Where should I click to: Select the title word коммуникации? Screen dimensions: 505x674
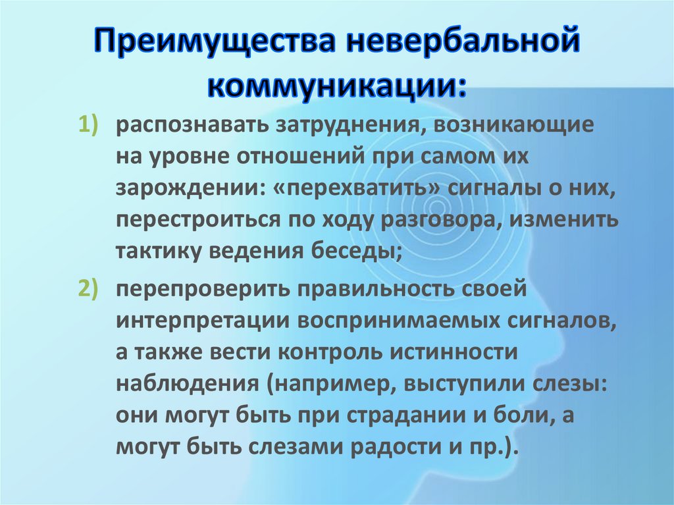tap(336, 84)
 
